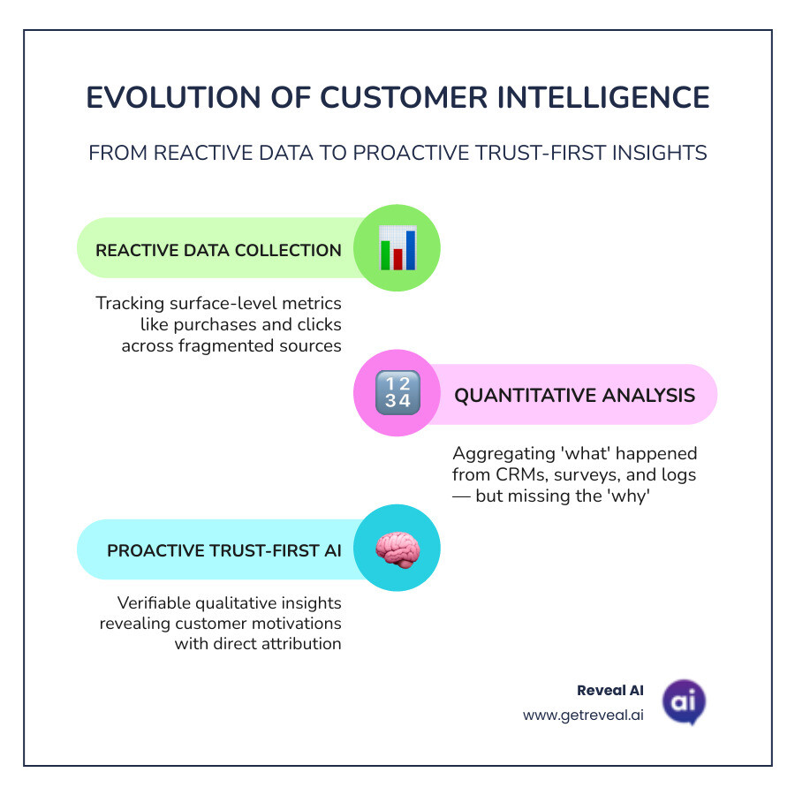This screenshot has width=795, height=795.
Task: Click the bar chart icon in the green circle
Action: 397,247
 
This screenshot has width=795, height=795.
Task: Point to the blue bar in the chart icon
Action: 410,250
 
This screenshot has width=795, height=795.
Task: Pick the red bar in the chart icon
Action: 397,257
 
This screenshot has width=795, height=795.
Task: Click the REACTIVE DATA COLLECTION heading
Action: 218,250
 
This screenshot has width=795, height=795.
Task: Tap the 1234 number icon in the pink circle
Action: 397,394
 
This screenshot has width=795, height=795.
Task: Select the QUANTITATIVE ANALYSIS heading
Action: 574,395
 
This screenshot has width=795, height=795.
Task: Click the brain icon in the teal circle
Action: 397,549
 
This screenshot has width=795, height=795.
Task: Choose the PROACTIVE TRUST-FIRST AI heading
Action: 224,550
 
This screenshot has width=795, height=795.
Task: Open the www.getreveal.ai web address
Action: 583,715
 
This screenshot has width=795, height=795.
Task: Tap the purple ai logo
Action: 684,702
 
